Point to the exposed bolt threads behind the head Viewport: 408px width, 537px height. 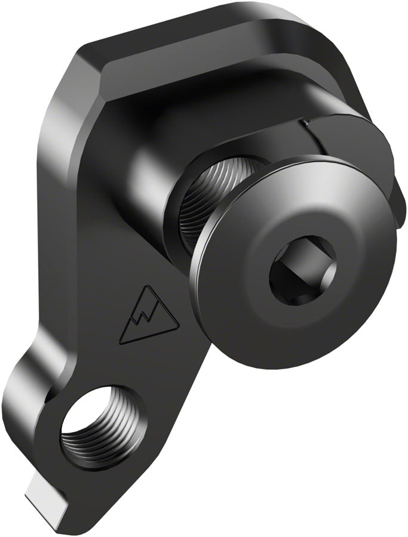224,197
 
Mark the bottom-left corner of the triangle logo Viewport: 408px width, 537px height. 121,342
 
